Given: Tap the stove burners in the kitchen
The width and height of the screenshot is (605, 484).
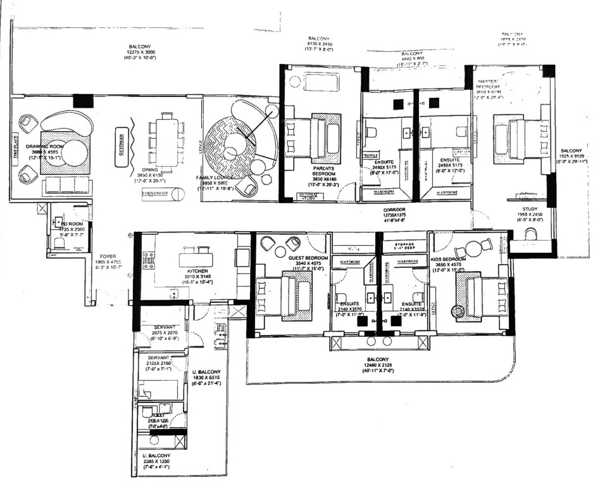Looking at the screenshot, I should [150, 260].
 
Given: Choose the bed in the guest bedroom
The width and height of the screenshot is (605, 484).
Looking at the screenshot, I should [288, 295].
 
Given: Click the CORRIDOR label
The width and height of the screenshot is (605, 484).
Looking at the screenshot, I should [393, 209].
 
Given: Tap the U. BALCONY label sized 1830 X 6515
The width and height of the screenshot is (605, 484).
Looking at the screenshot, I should [205, 372].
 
